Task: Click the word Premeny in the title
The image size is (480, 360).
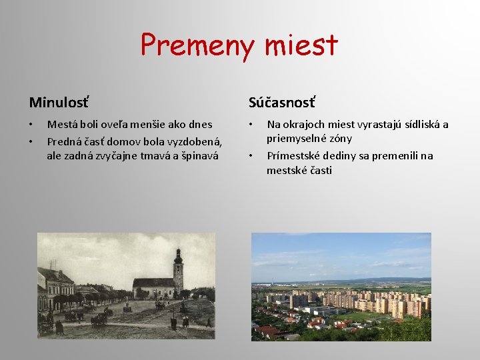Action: [x=197, y=45]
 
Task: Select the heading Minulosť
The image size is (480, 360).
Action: [x=59, y=102]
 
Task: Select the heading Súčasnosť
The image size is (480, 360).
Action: [x=282, y=102]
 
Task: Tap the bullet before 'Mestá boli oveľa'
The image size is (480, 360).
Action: [x=31, y=125]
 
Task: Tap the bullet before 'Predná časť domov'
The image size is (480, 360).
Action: [x=31, y=141]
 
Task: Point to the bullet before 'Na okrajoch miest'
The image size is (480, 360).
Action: [x=251, y=125]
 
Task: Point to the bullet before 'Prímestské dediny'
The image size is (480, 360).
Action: [x=251, y=156]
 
